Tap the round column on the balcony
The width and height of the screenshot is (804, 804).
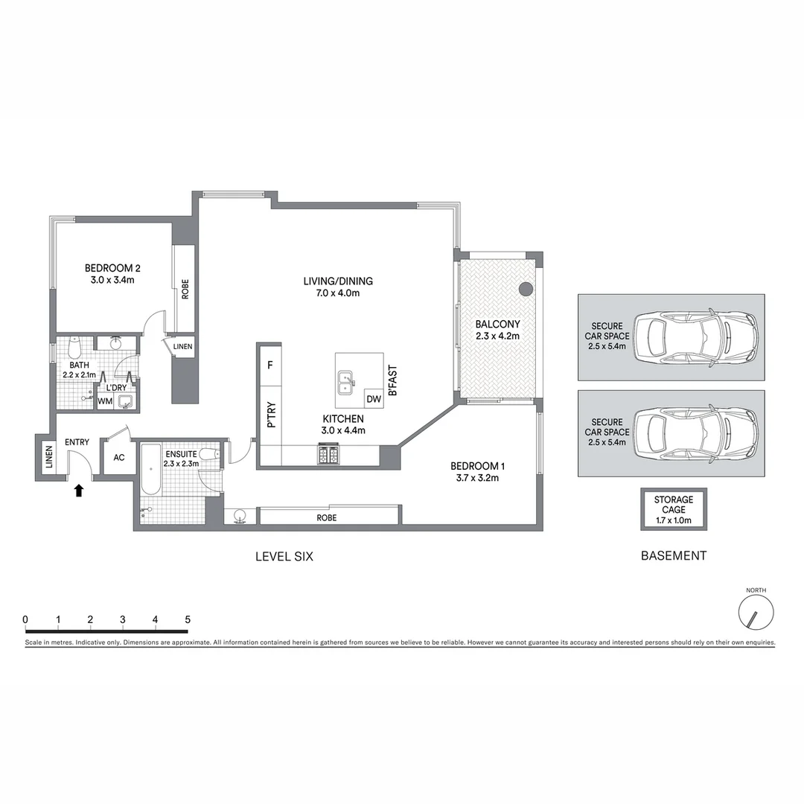click(526, 289)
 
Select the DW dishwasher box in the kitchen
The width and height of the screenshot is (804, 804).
click(374, 399)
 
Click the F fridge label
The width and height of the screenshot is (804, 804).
click(269, 365)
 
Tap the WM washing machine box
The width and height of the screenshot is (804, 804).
click(106, 401)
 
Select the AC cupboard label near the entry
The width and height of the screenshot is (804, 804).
click(119, 459)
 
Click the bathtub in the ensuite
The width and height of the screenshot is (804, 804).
click(150, 470)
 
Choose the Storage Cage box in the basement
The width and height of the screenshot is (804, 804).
click(673, 509)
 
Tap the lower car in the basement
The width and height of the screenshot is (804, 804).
click(695, 431)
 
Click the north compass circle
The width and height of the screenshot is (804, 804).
click(756, 613)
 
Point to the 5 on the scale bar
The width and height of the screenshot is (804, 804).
click(188, 619)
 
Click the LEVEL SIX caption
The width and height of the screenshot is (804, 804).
click(284, 555)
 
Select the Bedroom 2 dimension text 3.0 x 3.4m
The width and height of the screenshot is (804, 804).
click(112, 281)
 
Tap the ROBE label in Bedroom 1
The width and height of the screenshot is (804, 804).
click(325, 517)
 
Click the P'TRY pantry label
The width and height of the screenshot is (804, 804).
click(272, 415)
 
